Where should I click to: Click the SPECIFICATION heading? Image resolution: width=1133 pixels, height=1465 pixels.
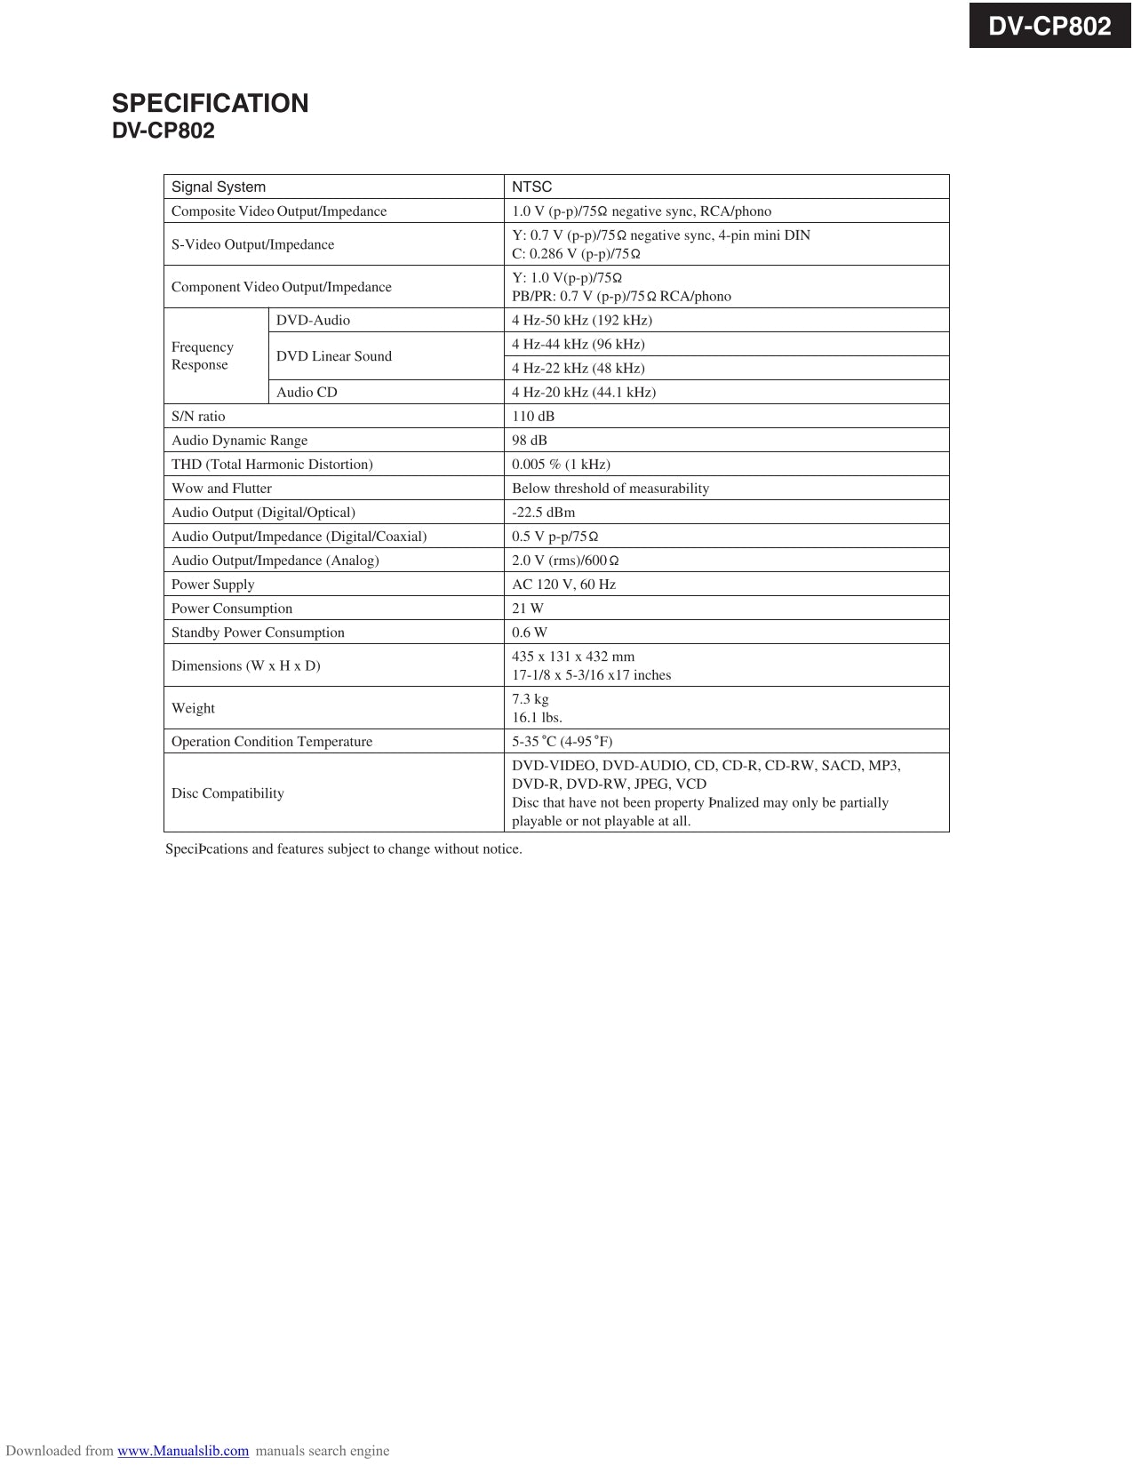[210, 103]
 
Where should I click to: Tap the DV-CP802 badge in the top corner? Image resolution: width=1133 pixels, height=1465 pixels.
[1049, 26]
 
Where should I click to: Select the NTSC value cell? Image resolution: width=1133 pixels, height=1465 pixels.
[531, 187]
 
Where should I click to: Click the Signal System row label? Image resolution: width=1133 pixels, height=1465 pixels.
[219, 187]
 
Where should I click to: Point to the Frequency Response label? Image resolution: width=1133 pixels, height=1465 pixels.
[202, 355]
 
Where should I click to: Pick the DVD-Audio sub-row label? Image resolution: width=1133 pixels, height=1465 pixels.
[313, 320]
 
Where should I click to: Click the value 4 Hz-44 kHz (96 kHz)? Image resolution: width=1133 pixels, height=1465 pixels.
[578, 344]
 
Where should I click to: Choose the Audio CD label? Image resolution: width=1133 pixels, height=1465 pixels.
[307, 392]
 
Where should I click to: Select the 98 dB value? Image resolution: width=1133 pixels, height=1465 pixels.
[530, 440]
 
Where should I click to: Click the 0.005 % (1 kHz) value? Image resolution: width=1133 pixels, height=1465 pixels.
[561, 464]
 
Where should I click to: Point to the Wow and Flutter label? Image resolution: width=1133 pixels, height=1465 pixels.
[221, 488]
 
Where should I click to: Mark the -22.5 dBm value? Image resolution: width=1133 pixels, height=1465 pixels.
[543, 512]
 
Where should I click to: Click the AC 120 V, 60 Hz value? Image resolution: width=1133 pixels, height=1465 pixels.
[563, 584]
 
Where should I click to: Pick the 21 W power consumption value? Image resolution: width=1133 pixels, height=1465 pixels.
[528, 608]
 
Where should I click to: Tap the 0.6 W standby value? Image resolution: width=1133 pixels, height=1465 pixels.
[530, 632]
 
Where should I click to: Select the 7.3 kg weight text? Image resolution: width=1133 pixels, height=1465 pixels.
[531, 698]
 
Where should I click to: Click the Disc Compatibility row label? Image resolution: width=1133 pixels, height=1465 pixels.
[227, 792]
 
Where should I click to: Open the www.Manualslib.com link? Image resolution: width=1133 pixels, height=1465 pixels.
[183, 1451]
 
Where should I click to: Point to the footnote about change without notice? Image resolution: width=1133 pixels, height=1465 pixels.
[344, 848]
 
